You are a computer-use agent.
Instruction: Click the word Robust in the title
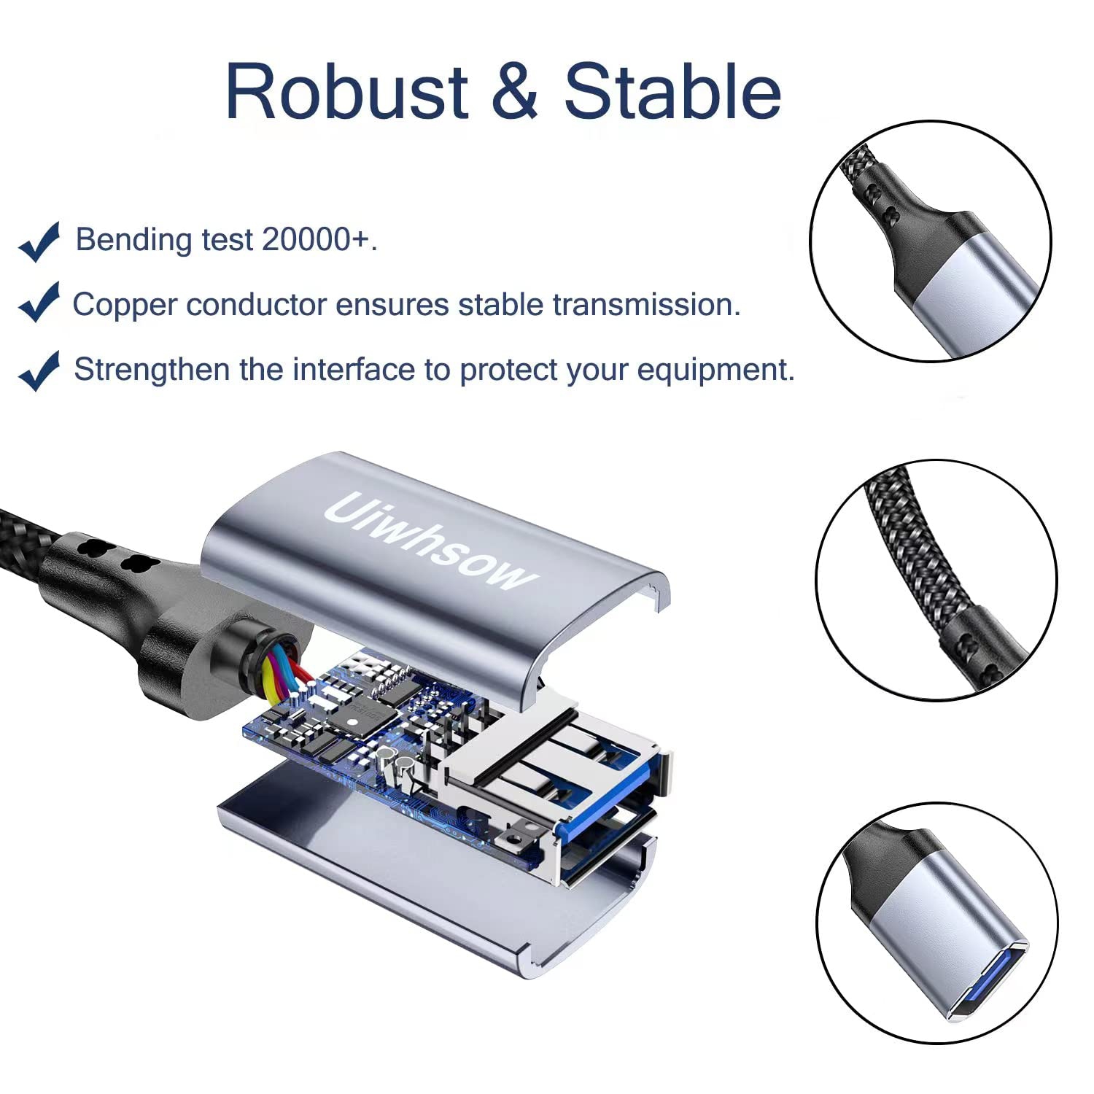pos(346,93)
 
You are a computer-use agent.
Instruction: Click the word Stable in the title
pos(672,93)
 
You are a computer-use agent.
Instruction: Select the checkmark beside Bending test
pos(39,241)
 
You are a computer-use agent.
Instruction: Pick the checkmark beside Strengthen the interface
pos(39,371)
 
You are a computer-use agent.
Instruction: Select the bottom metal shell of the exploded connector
pos(408,875)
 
